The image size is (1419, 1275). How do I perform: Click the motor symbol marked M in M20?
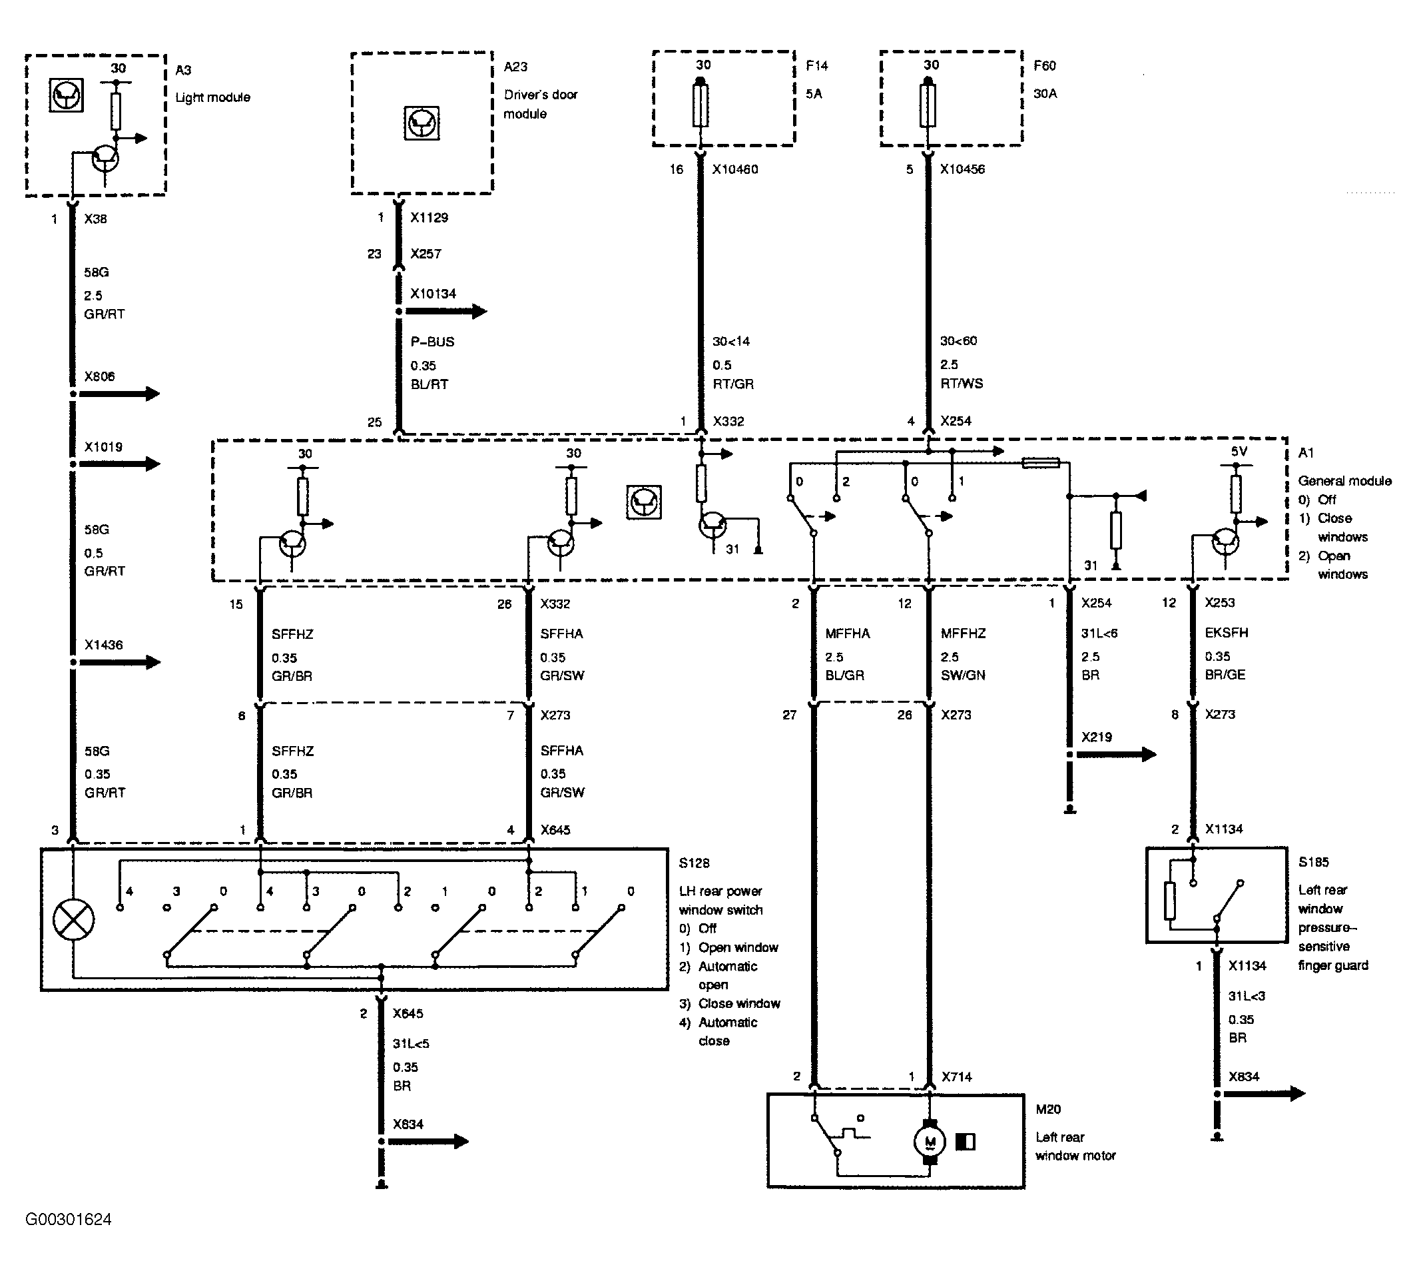[930, 1142]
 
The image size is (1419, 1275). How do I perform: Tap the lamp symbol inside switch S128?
[73, 919]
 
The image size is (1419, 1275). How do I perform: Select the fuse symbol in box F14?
[701, 105]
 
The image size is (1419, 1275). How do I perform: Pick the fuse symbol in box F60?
[928, 105]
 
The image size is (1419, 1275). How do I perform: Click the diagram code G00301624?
[69, 1220]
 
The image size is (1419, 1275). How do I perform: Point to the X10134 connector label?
[433, 294]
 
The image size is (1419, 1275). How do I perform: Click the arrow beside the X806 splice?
[120, 394]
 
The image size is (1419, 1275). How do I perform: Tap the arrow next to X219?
[1117, 755]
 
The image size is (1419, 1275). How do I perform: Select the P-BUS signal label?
[432, 342]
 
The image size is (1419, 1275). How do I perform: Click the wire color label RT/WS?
[961, 383]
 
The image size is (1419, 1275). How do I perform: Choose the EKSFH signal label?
[1227, 633]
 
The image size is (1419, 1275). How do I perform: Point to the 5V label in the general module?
[1239, 452]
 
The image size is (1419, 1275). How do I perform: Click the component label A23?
[515, 67]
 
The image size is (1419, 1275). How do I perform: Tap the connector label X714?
[956, 1076]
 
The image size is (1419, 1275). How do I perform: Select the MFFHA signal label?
[848, 634]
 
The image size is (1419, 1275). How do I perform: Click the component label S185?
[1313, 863]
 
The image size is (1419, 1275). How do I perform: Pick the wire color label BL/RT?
[429, 384]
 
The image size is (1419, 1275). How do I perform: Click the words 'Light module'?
[213, 97]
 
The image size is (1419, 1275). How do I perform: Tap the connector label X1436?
[104, 645]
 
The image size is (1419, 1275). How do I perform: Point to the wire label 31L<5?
[410, 1044]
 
